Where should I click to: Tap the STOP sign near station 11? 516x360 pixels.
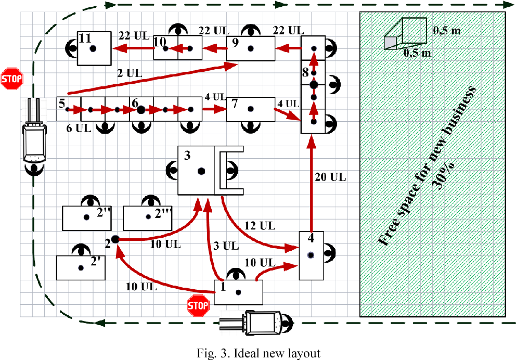pyautogui.click(x=11, y=79)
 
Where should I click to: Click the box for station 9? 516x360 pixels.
pyautogui.click(x=251, y=49)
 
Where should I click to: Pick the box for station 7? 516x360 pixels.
pyautogui.click(x=251, y=109)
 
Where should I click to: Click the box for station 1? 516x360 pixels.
pyautogui.click(x=238, y=292)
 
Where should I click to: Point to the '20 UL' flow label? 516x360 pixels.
pyautogui.click(x=330, y=177)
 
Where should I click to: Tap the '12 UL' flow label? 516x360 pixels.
pyautogui.click(x=260, y=225)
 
